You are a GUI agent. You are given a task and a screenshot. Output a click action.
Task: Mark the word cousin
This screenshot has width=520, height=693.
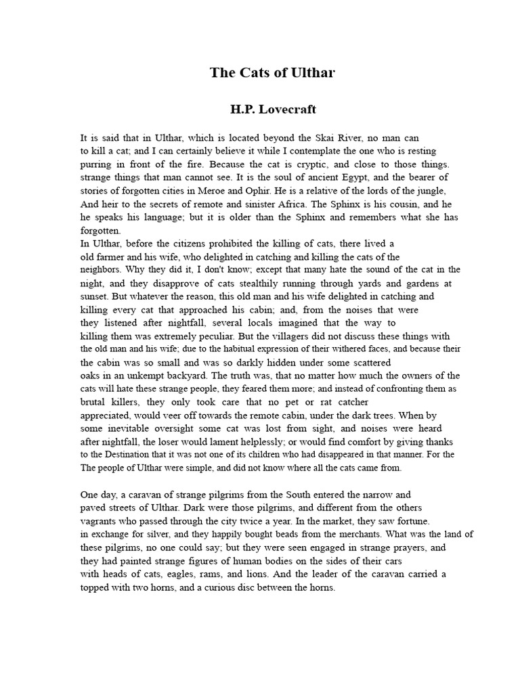coord(404,204)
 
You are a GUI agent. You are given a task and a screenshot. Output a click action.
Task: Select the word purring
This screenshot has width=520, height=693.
coord(97,164)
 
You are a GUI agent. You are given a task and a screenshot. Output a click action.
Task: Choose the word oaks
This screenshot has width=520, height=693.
coord(91,375)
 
